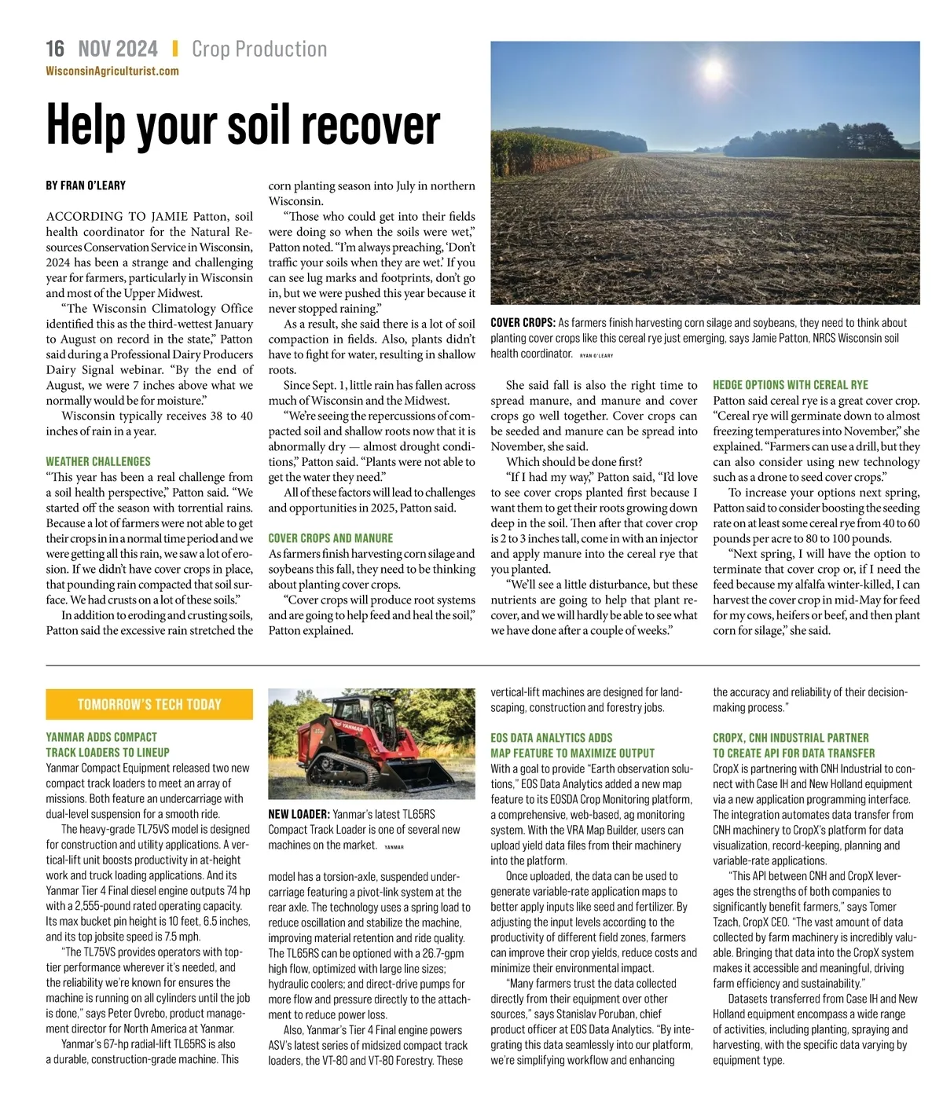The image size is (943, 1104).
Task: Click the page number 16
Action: tap(55, 49)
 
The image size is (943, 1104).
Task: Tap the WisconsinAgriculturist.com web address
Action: tap(112, 71)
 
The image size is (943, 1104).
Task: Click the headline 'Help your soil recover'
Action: tap(243, 124)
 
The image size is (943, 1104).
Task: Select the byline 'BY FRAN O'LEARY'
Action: tap(86, 185)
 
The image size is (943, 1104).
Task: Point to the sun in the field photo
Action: tap(712, 70)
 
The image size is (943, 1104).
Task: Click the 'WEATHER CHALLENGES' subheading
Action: tap(98, 461)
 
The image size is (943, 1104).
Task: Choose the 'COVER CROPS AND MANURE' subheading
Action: tap(330, 538)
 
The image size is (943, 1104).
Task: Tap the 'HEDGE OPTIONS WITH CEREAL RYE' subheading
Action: tap(790, 385)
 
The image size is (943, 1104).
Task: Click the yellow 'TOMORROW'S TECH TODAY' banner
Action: tap(149, 704)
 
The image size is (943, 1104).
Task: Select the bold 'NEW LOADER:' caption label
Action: tap(299, 815)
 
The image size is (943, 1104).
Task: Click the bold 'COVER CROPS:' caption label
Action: tap(523, 323)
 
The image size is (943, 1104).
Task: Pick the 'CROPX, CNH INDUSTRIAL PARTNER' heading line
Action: tap(791, 738)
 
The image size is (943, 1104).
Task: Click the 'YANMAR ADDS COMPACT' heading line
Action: tap(101, 737)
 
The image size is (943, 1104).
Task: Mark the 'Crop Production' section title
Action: tap(259, 49)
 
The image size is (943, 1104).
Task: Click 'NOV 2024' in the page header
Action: tap(118, 49)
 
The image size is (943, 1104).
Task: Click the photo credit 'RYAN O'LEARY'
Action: tap(596, 356)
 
